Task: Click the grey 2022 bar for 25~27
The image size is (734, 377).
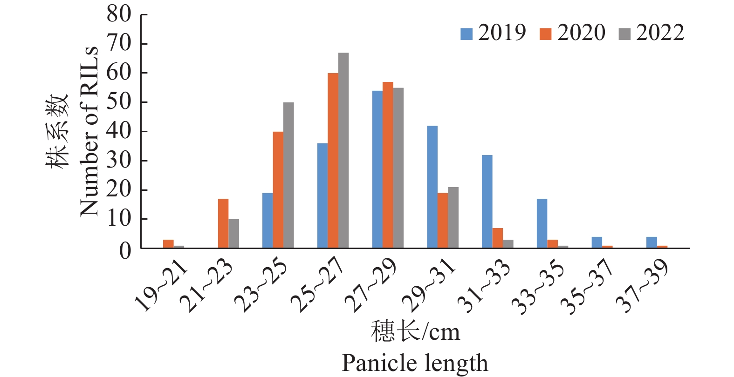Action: click(x=343, y=150)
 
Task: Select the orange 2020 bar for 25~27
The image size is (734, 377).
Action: click(x=333, y=161)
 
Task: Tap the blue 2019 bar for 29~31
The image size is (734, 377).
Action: click(x=432, y=187)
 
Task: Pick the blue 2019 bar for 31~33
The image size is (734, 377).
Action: click(x=487, y=202)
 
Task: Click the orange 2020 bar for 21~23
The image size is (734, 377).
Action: click(x=223, y=223)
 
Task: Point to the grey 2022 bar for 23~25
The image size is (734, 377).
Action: click(x=288, y=175)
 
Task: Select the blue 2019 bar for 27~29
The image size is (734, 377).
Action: click(x=377, y=169)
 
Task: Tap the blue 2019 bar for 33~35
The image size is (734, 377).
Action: click(x=542, y=223)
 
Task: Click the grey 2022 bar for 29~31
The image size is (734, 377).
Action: click(x=453, y=217)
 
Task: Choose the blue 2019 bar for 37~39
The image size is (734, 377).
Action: click(x=652, y=242)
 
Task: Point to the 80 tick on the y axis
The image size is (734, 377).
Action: click(x=119, y=14)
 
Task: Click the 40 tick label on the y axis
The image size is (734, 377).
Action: click(x=119, y=131)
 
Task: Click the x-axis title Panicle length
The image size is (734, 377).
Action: click(x=415, y=363)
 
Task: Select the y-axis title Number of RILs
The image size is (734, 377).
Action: click(x=89, y=131)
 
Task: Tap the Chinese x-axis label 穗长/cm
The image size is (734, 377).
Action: click(x=415, y=331)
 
